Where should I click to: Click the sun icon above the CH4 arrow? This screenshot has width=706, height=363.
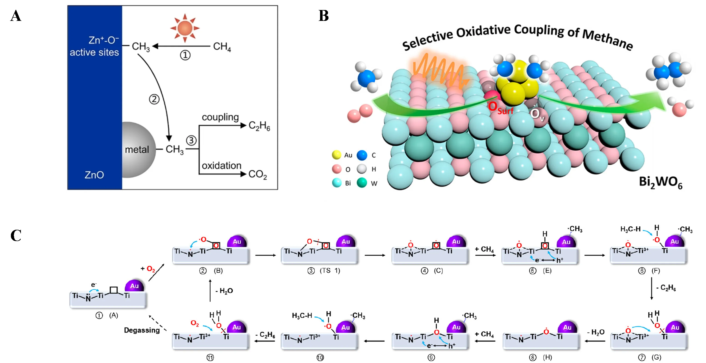tap(185, 28)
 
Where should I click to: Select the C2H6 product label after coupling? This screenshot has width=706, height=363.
tap(259, 126)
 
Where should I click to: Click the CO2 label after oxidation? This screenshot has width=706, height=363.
tap(257, 175)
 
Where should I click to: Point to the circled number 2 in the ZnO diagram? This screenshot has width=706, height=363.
tap(154, 99)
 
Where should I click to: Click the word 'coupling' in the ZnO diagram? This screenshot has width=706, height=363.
tap(220, 117)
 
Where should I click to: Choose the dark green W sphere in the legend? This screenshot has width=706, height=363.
tap(362, 183)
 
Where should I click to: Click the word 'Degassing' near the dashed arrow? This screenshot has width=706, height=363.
tap(142, 330)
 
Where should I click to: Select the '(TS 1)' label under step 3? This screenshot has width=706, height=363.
tap(330, 271)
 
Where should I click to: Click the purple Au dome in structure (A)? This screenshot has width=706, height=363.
tap(134, 286)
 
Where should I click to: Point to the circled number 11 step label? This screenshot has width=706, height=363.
tap(210, 358)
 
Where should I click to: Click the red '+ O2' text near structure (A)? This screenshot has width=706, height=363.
tap(148, 269)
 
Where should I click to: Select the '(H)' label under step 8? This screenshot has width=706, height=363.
tap(547, 358)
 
